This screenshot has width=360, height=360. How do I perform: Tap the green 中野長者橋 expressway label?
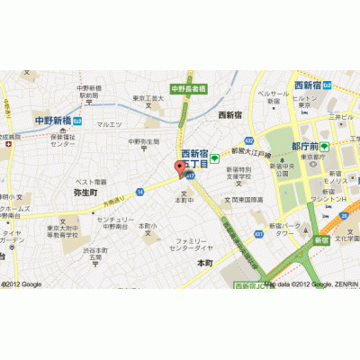coord(189,88)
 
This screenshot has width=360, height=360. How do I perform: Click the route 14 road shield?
coord(140,192)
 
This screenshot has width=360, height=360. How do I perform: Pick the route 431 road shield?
coord(259,233)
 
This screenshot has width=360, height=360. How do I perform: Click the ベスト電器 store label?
coord(90,182)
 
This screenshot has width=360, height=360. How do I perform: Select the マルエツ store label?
coord(109,124)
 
